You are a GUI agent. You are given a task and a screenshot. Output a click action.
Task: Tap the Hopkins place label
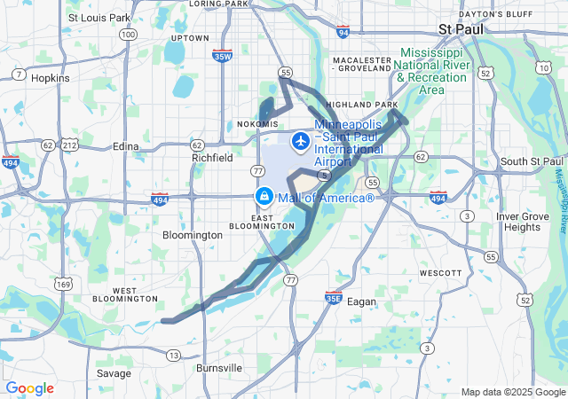(x=50, y=78)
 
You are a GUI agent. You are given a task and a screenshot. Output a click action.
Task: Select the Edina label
(x=127, y=146)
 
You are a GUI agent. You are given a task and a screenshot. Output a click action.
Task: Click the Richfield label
(x=213, y=158)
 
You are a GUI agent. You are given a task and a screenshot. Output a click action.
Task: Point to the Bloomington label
(x=193, y=235)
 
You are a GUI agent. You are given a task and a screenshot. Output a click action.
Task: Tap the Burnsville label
(x=218, y=367)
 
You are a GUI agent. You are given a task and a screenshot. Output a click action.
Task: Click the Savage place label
(x=114, y=373)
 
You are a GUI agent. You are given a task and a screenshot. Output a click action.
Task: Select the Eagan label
(x=361, y=301)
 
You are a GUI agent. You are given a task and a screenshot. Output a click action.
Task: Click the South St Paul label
(x=532, y=160)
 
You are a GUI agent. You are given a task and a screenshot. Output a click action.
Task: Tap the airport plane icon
(x=300, y=140)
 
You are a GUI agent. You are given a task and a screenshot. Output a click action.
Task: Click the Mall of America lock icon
(x=264, y=196)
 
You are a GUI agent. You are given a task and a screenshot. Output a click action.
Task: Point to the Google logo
(x=29, y=388)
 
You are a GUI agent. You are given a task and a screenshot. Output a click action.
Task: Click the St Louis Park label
(x=99, y=17)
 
